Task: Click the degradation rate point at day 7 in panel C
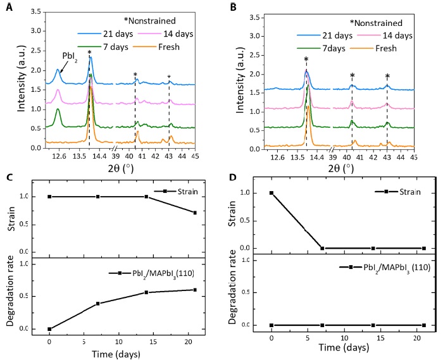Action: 97,304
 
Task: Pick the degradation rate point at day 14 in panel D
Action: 373,325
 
